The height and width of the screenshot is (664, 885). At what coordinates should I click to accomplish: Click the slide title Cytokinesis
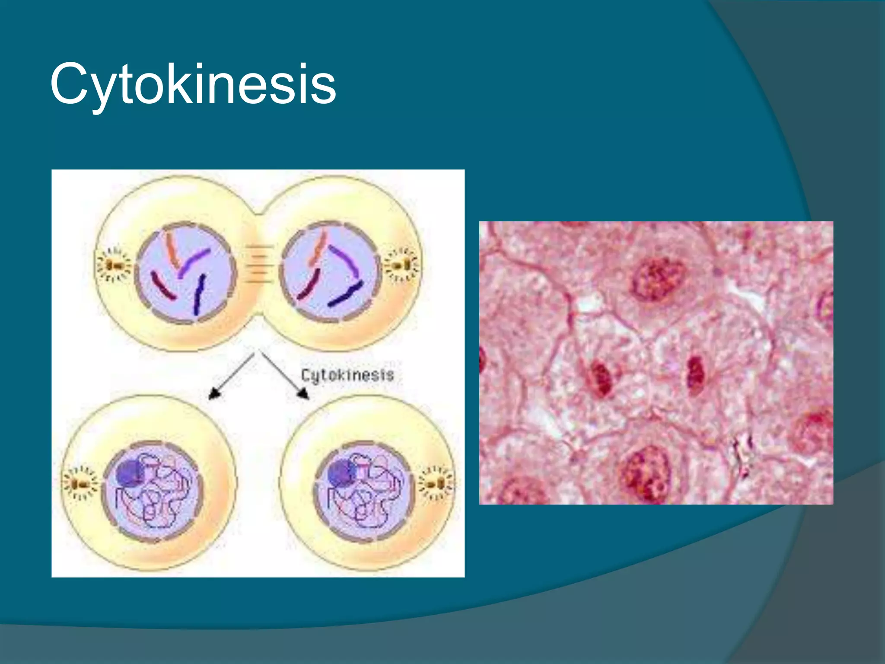[193, 84]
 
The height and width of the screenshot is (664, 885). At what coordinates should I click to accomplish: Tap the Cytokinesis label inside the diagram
[347, 375]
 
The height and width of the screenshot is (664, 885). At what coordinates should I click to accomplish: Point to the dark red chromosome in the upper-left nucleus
[163, 285]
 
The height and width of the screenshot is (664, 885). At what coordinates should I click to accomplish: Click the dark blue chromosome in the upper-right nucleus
[346, 294]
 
